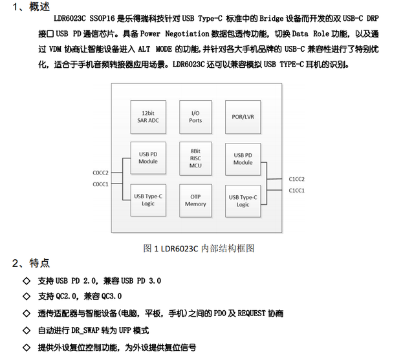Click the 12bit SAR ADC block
tap(148, 116)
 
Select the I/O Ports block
tap(195, 116)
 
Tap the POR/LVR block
tap(243, 116)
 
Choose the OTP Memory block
tap(195, 200)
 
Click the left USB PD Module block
tap(148, 157)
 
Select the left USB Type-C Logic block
tap(148, 200)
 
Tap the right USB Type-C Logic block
tap(243, 200)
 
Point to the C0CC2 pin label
tap(100, 173)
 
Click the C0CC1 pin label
tap(100, 184)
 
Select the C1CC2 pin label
tap(296, 179)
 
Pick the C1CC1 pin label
tap(296, 190)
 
